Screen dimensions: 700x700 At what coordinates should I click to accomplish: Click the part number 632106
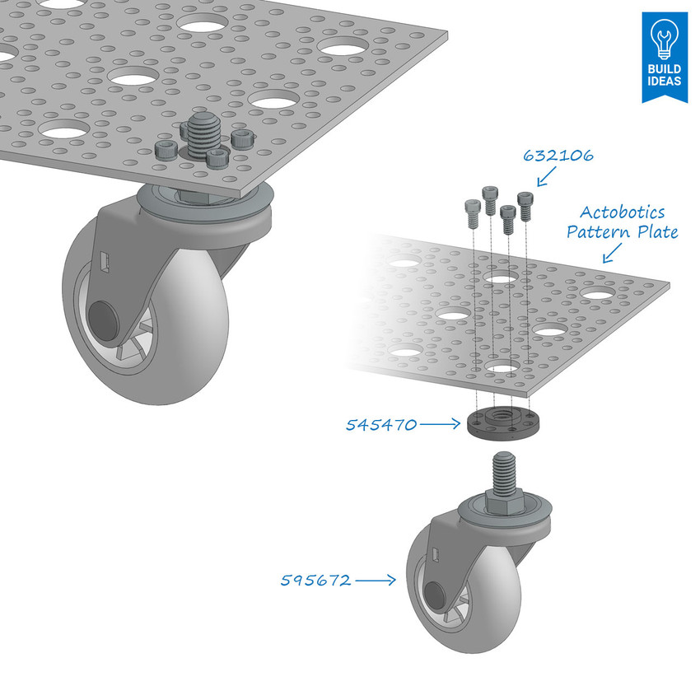(558, 156)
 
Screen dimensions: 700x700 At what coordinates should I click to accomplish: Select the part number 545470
(380, 425)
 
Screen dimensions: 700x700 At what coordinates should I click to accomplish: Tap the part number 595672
(315, 581)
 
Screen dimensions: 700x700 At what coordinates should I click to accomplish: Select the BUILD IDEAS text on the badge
(664, 76)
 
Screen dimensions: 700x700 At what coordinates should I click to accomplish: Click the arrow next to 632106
(545, 175)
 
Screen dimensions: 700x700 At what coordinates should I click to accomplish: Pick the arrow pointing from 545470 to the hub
(441, 424)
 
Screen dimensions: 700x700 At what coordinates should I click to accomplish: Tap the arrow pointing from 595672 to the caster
(377, 581)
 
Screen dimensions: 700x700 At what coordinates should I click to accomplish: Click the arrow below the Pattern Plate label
(614, 254)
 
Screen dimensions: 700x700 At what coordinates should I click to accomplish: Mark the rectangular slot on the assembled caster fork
(105, 261)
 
